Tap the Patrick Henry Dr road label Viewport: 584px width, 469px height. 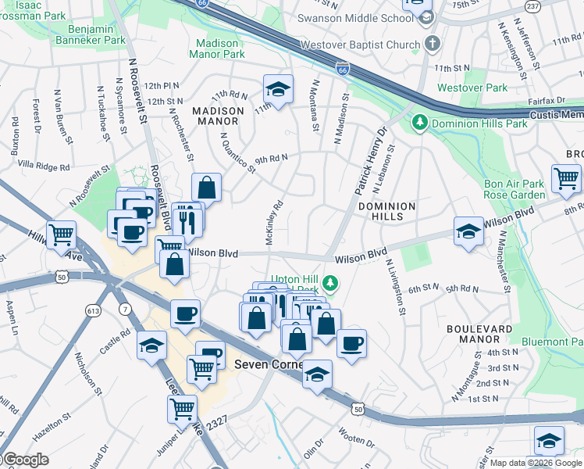point(372,161)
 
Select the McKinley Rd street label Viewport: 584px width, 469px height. point(273,222)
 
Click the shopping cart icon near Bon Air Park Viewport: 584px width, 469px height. point(565,178)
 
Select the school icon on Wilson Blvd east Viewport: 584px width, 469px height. point(468,231)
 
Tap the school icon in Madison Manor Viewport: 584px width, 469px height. point(277,89)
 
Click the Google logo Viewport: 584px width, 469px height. point(26,460)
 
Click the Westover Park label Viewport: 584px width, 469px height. point(462,88)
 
